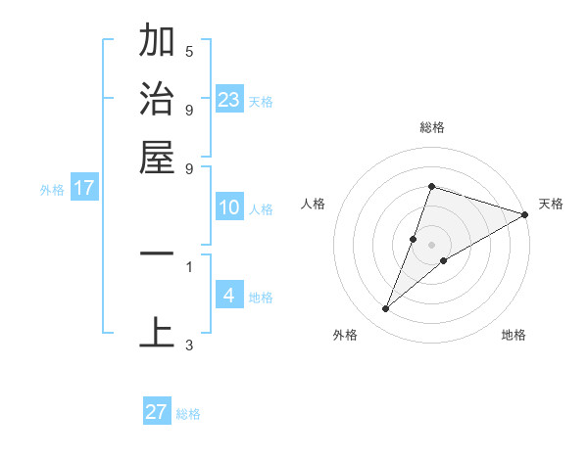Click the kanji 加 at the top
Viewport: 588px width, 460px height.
[x=158, y=43]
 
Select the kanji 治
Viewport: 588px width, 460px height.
[x=158, y=100]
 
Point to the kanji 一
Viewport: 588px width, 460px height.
[x=158, y=253]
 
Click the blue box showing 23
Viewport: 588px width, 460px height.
[x=229, y=100]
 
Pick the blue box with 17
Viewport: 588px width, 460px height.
[x=83, y=189]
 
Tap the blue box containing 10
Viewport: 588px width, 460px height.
[x=229, y=207]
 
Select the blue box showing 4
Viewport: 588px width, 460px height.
[x=229, y=296]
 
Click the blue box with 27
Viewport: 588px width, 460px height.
[x=157, y=412]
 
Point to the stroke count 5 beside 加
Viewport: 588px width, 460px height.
[x=189, y=52]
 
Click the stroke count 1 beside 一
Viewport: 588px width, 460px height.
[x=189, y=265]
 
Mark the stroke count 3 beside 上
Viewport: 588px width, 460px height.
[x=189, y=345]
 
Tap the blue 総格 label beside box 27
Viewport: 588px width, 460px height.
[x=189, y=414]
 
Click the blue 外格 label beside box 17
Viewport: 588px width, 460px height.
[x=51, y=190]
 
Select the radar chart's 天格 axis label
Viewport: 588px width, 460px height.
[x=551, y=204]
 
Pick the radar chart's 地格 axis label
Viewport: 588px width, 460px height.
[x=514, y=335]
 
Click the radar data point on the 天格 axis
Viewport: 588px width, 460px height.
[x=524, y=214]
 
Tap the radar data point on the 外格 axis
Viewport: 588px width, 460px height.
[x=386, y=309]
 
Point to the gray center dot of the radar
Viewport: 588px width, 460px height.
[x=431, y=245]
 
